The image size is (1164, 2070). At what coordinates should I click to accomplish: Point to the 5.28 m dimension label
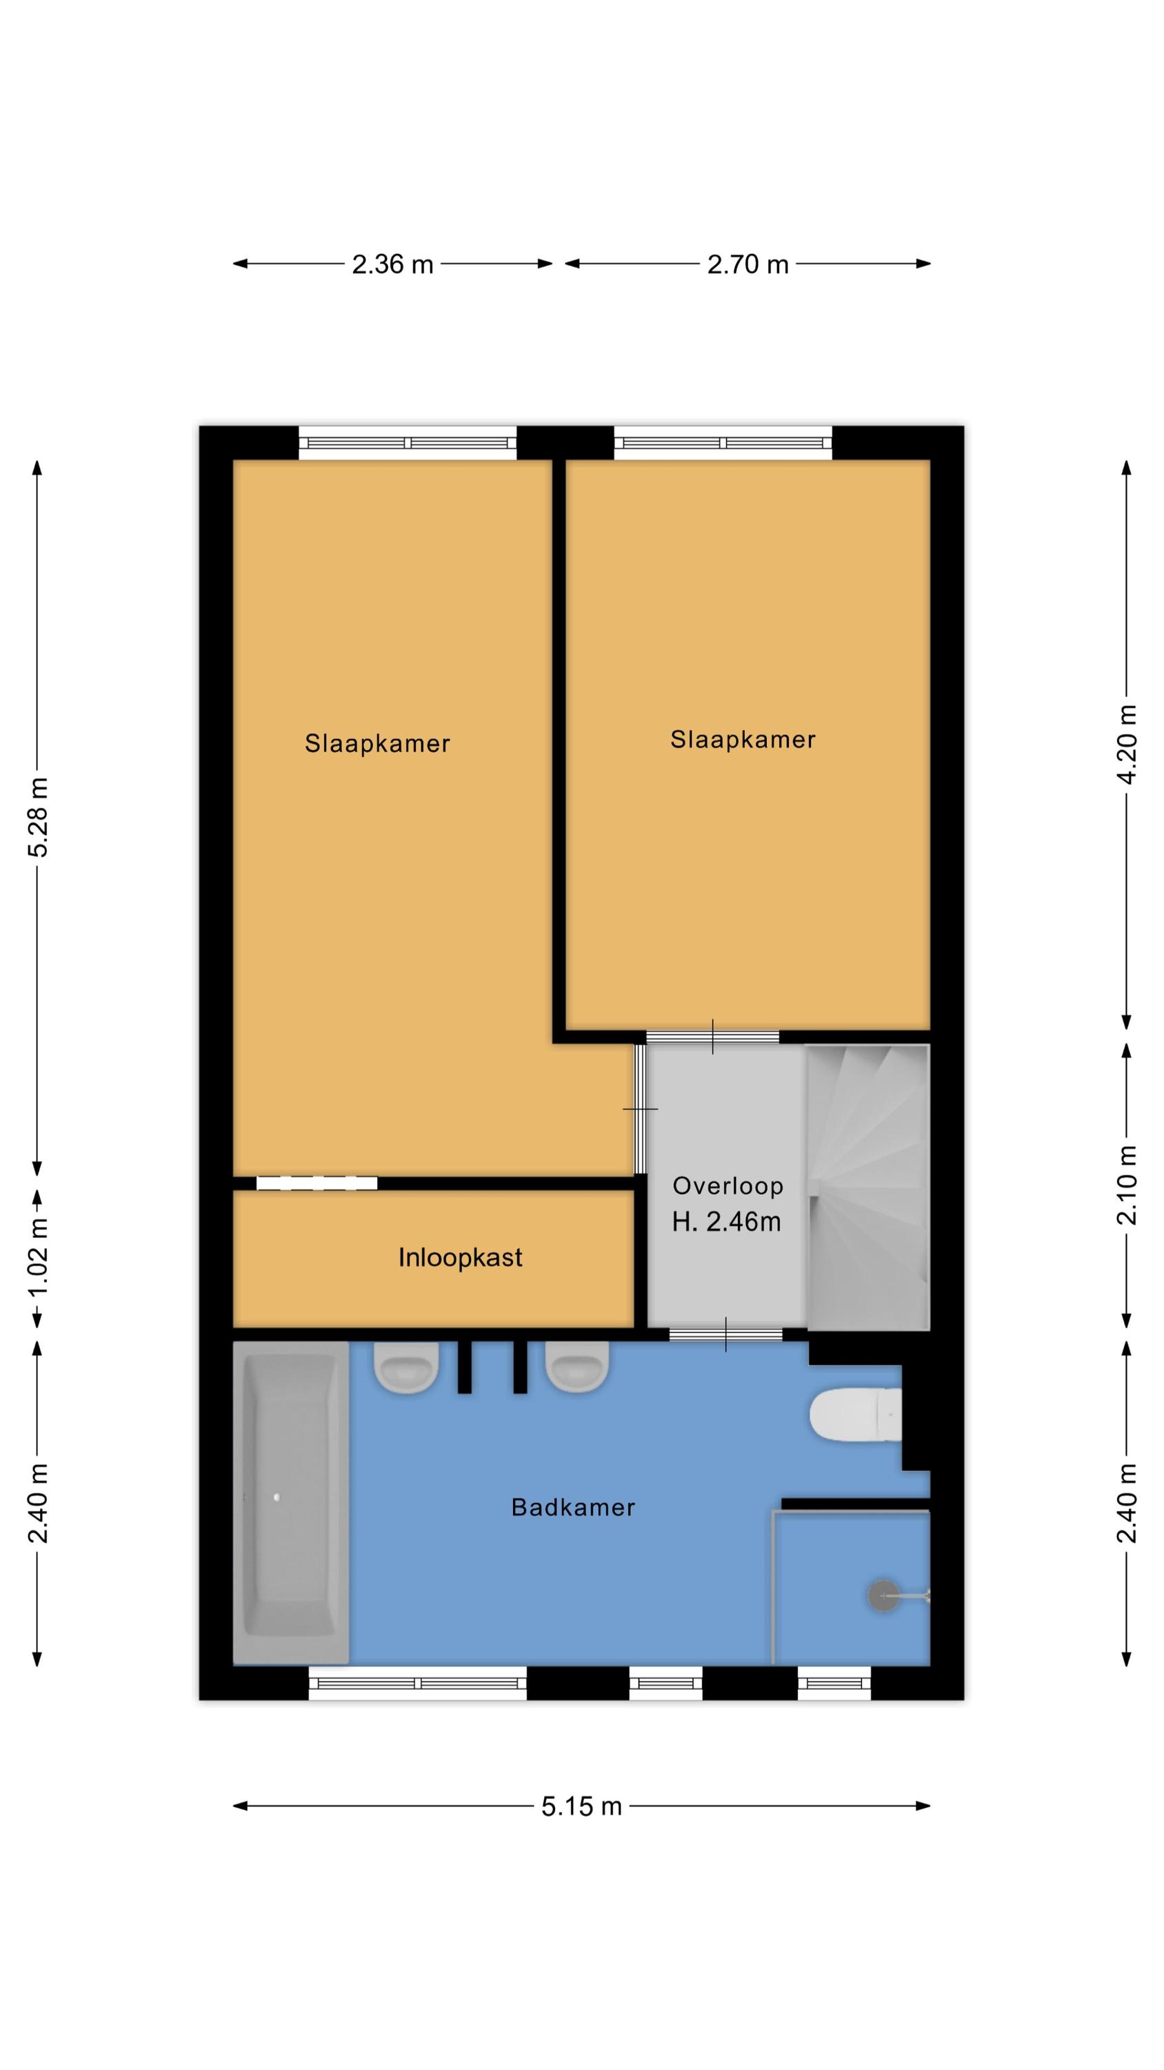(x=38, y=816)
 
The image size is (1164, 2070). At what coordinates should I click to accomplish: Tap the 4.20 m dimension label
(x=1127, y=744)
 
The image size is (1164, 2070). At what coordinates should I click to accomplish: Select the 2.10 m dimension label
(x=1127, y=1185)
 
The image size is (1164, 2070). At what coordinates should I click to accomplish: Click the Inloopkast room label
(x=461, y=1258)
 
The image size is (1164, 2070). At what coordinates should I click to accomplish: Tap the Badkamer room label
(x=573, y=1508)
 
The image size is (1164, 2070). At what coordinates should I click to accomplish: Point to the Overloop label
(x=727, y=1187)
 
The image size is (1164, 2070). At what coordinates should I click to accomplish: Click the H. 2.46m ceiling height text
(x=726, y=1222)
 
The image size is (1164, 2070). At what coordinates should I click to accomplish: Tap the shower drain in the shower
(x=885, y=1595)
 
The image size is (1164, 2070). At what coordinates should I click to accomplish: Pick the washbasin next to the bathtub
(x=406, y=1368)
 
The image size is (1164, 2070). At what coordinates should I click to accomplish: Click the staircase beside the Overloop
(x=868, y=1187)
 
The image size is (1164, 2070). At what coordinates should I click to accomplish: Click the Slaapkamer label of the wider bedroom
(x=743, y=740)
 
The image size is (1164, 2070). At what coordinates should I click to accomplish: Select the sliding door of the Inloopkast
(x=317, y=1183)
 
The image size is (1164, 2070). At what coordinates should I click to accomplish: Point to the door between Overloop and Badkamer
(x=726, y=1334)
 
